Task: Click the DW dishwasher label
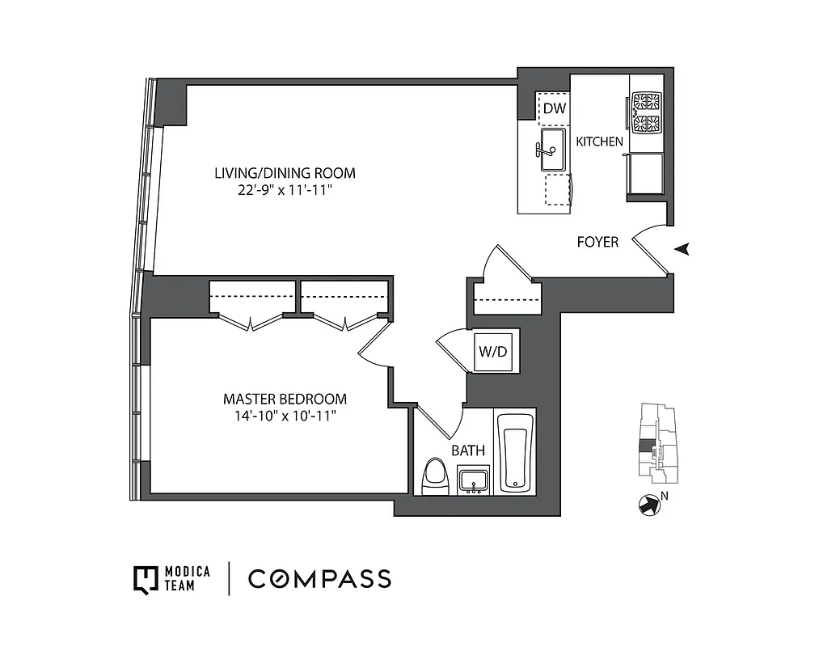click(553, 108)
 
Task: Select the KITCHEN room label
click(599, 142)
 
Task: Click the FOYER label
click(597, 242)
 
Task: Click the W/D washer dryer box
click(493, 352)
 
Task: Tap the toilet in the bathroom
click(436, 476)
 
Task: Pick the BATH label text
click(468, 450)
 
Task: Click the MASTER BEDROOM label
click(285, 399)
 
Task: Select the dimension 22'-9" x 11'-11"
click(285, 190)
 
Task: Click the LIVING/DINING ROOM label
click(285, 173)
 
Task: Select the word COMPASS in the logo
click(319, 578)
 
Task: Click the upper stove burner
click(646, 102)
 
